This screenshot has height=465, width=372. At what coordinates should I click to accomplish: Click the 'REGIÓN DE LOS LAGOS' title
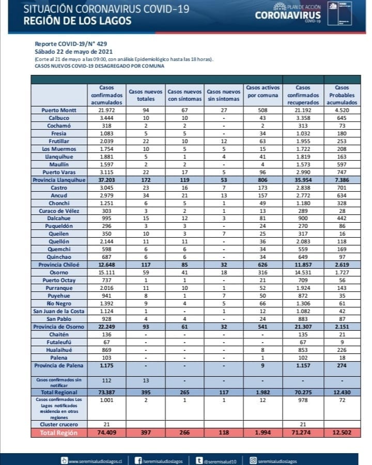coord(77,21)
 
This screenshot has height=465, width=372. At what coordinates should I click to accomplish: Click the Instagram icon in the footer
coord(254,460)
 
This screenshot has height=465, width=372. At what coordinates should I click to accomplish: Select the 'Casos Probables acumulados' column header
coord(342,95)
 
